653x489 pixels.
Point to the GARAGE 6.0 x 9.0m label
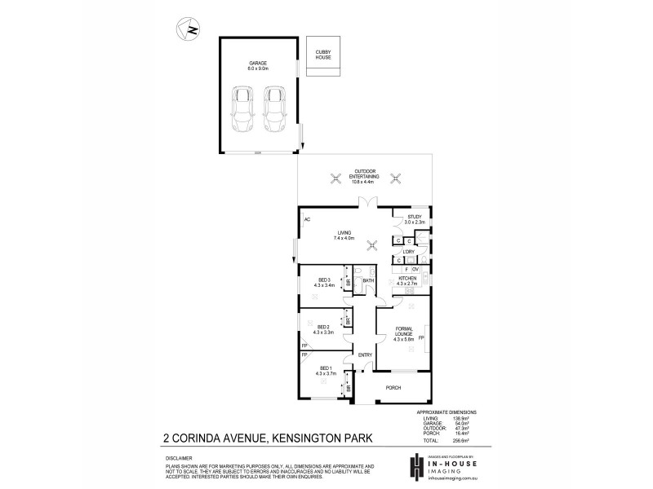click(x=258, y=66)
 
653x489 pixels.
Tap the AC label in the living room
click(x=307, y=220)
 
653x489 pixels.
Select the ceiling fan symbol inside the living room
click(x=372, y=244)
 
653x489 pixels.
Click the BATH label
click(x=368, y=281)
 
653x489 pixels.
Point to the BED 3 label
click(x=324, y=283)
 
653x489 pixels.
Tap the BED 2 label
click(x=323, y=329)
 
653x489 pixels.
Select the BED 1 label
click(x=324, y=371)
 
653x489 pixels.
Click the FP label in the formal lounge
click(x=421, y=337)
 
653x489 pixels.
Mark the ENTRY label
click(x=364, y=355)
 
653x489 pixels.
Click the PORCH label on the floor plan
click(x=393, y=389)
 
